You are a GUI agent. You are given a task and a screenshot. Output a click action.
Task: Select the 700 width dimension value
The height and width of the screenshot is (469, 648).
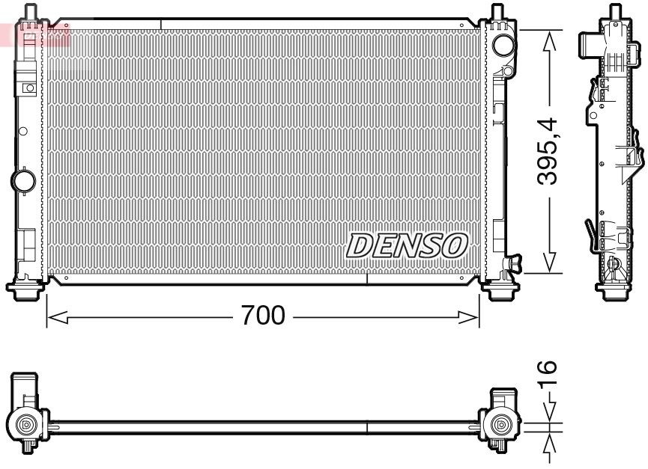(262, 316)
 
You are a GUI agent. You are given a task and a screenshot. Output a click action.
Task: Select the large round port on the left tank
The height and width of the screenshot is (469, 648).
(23, 180)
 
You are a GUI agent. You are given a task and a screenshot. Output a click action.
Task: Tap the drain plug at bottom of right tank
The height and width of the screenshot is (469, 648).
(514, 263)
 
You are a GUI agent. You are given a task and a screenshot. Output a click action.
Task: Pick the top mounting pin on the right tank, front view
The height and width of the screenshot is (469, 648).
(497, 13)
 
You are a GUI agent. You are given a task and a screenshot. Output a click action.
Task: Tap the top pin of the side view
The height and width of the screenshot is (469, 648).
(616, 12)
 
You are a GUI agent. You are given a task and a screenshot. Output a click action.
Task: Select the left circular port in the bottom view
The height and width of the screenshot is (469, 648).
(27, 425)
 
